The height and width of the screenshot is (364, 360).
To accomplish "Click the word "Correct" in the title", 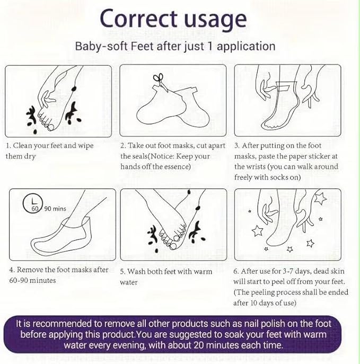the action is click(x=139, y=19).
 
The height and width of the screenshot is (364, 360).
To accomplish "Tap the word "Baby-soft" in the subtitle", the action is click(x=101, y=46).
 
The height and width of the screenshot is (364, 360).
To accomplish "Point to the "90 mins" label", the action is click(x=55, y=209).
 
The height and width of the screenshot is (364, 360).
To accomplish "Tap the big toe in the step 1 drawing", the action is click(x=50, y=128).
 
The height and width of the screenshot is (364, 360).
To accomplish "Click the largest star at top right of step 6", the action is click(x=320, y=199).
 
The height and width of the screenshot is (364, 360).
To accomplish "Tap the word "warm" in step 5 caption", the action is click(x=203, y=272).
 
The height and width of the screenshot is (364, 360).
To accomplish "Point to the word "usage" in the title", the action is click(x=215, y=20).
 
